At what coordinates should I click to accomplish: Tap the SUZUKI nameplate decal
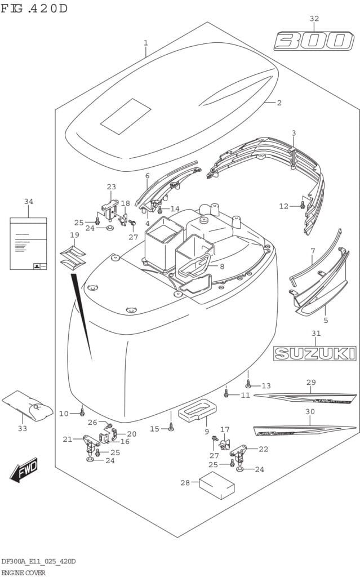pos(315,353)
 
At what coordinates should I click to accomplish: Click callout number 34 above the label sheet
pos(29,201)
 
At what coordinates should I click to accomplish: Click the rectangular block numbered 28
pos(216,486)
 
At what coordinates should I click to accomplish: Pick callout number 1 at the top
pos(145,43)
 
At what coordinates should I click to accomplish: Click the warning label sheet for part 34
pos(28,244)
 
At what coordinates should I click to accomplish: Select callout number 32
pos(314,19)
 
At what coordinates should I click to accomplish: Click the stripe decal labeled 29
pos(305,397)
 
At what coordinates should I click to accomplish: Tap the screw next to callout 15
pos(171,428)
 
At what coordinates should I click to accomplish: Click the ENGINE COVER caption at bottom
pos(23,572)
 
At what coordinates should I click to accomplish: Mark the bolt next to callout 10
pos(82,411)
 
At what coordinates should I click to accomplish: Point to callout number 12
pos(283,206)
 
